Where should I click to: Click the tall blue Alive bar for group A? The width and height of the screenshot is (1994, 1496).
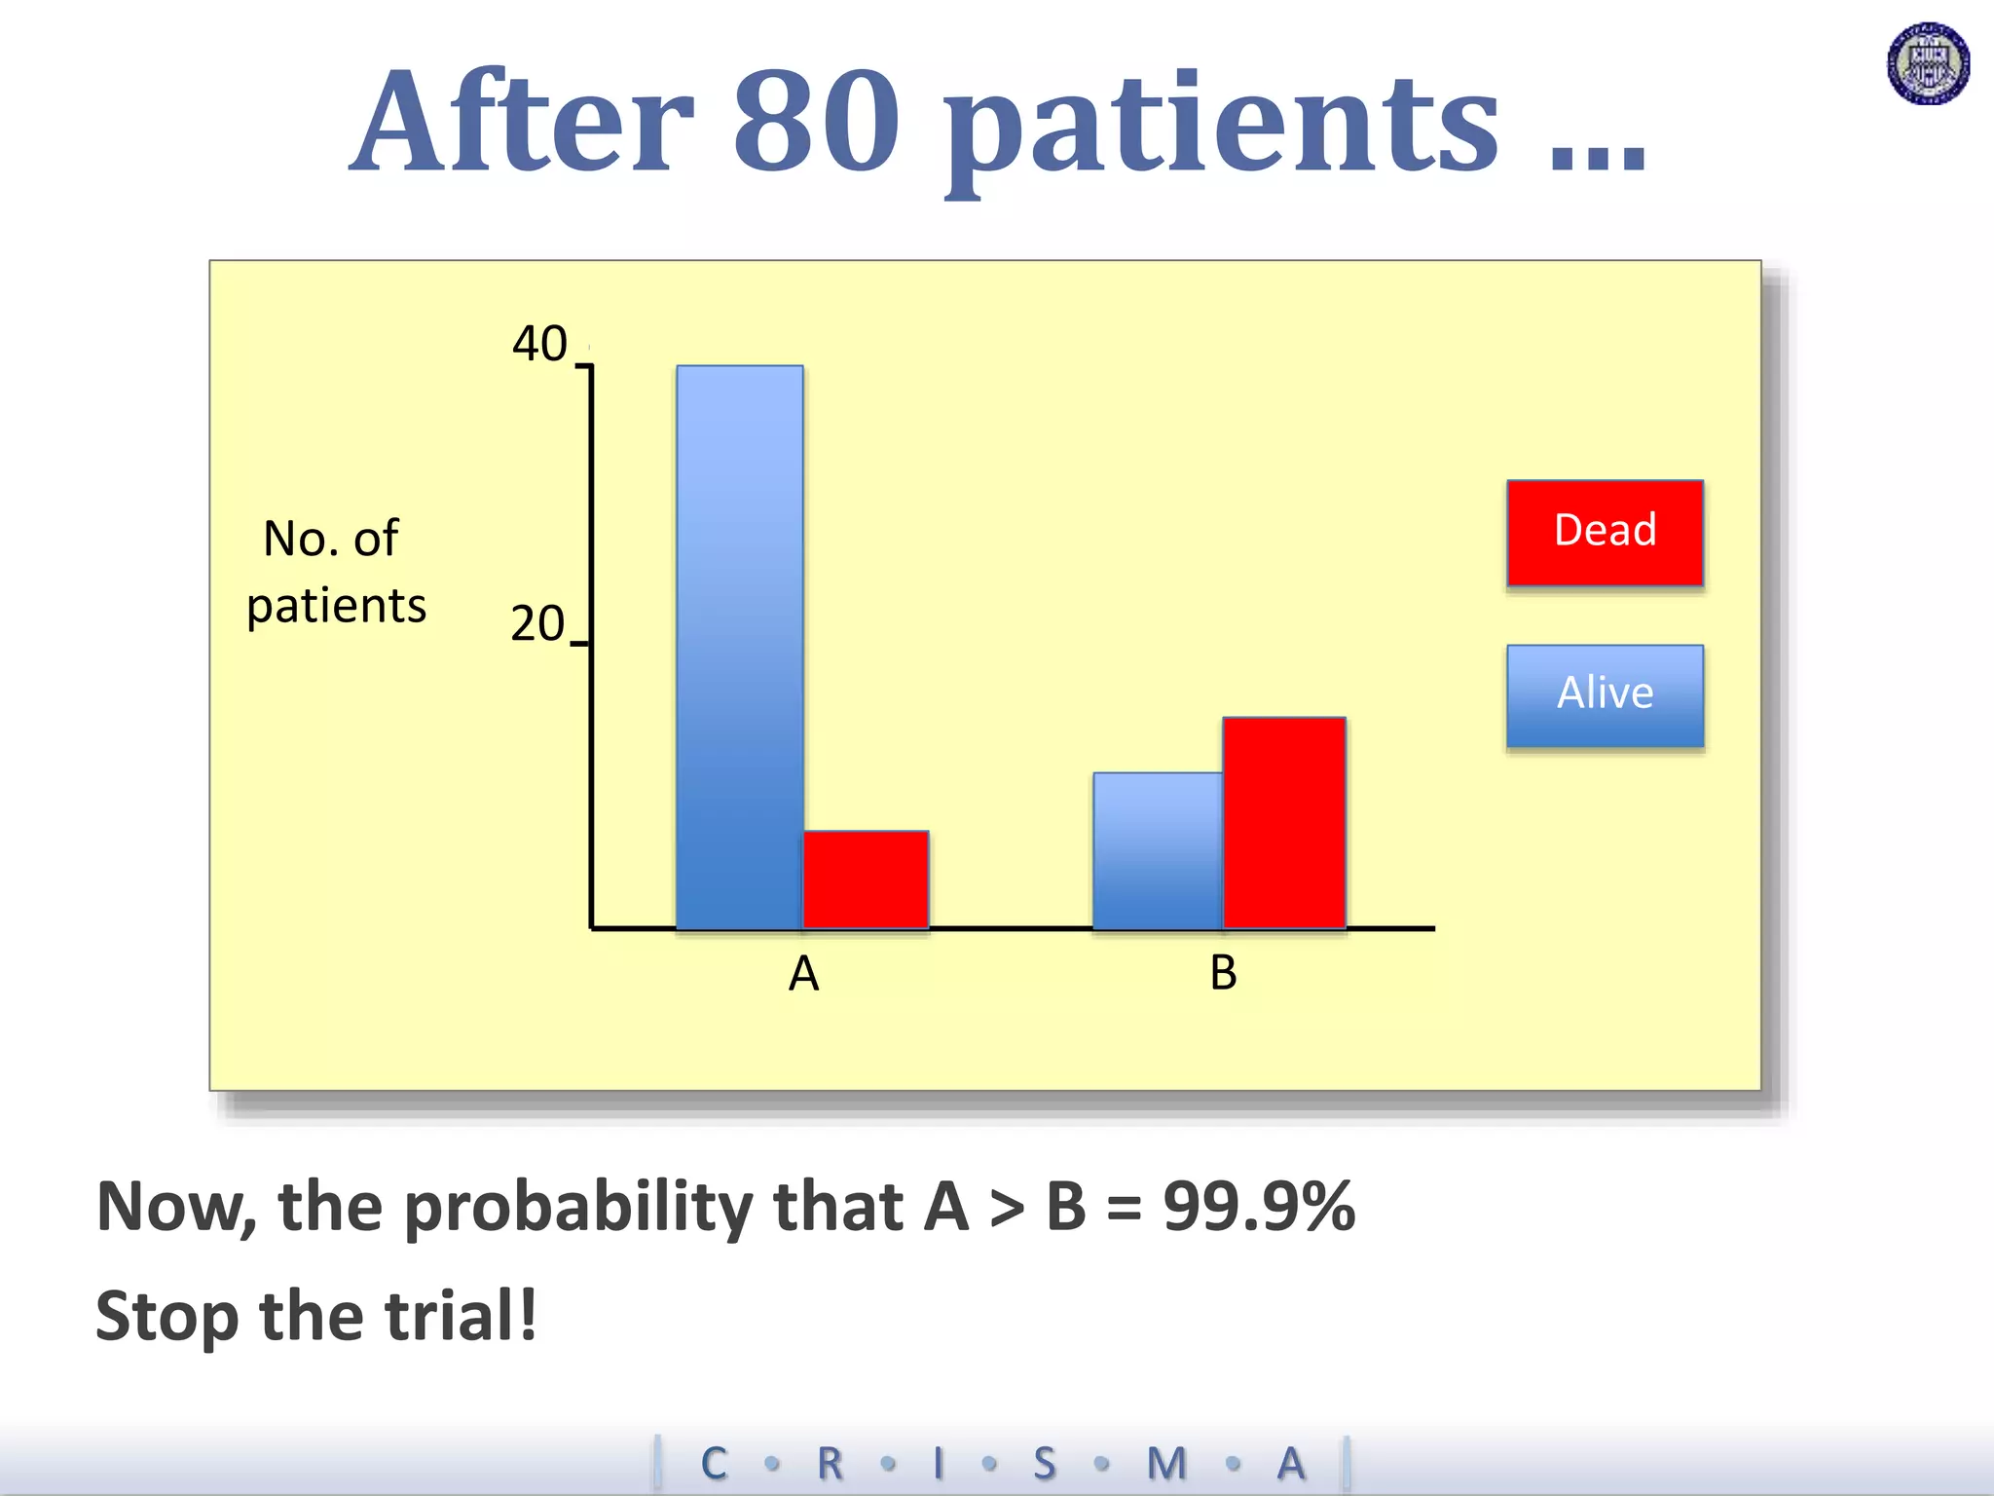coord(740,648)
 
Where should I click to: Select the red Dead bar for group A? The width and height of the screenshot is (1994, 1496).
coord(866,879)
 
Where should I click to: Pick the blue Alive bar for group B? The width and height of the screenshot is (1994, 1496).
coord(1158,850)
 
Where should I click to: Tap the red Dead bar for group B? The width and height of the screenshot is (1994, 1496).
coord(1284,823)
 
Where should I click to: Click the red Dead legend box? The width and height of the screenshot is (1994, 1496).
coord(1605,533)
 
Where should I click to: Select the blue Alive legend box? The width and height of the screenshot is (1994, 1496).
coord(1605,695)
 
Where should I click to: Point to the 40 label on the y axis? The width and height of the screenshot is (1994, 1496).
coord(539,344)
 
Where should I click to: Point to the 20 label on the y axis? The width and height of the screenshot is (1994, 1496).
coord(537,623)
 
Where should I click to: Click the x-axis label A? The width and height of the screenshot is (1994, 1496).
coord(803,973)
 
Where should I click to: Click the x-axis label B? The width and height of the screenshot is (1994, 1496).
coord(1223,973)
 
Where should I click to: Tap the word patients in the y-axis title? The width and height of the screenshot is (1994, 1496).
coord(336,606)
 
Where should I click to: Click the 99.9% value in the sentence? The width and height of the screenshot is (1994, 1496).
coord(1258,1206)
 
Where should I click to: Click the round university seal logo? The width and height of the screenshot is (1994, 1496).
coord(1928,64)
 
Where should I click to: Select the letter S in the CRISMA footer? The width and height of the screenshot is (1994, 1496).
coord(1044,1463)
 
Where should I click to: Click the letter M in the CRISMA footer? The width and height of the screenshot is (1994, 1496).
coord(1166,1463)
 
